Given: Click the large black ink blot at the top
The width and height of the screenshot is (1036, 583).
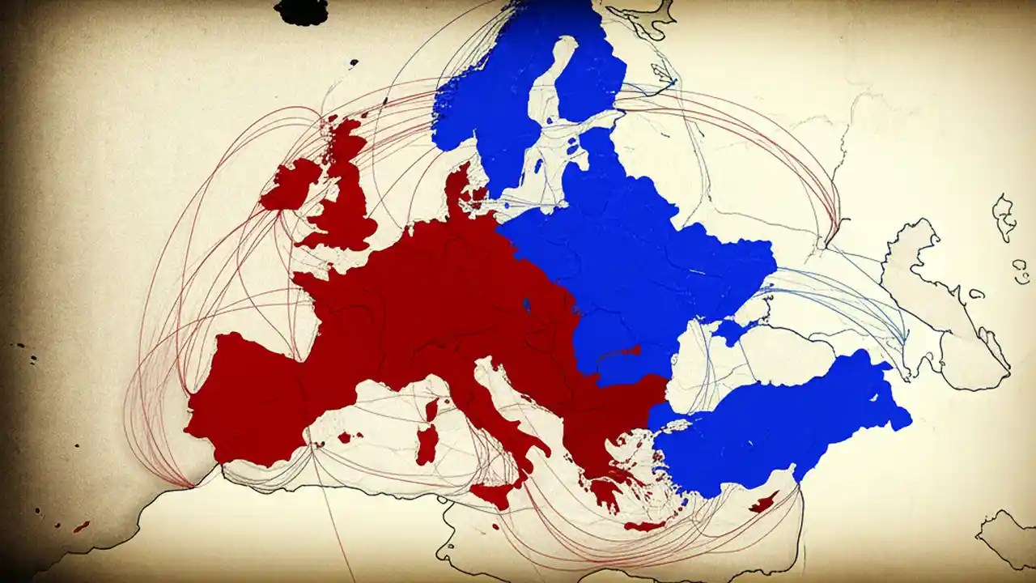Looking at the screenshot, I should (300, 11).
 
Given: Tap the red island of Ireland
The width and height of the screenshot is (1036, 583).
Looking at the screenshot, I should (289, 185).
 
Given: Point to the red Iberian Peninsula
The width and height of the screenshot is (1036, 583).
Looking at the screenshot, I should (243, 397).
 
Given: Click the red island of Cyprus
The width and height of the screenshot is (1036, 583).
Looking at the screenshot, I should (763, 503).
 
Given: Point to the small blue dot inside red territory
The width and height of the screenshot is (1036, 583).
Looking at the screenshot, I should (527, 305).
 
